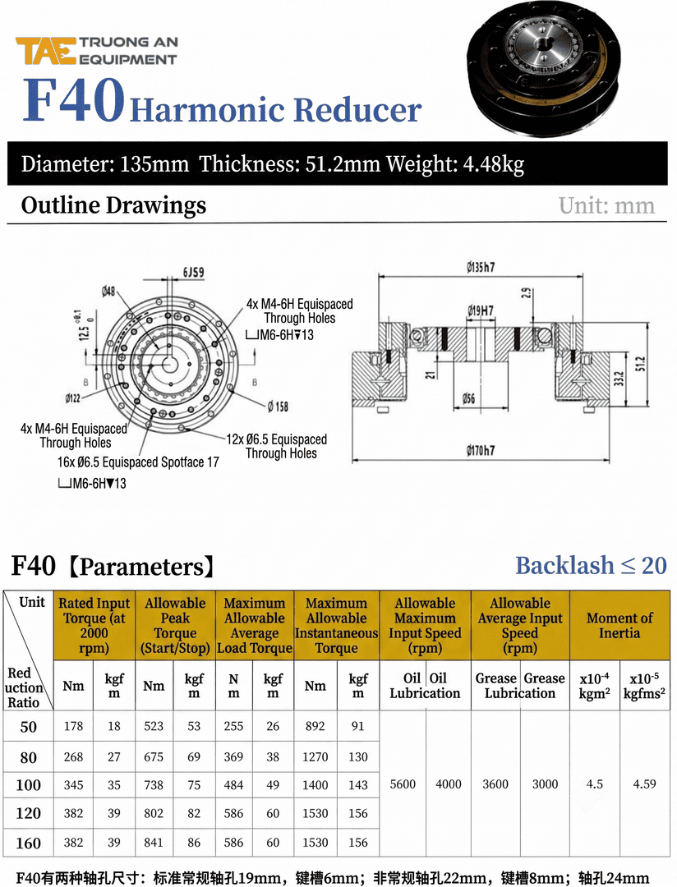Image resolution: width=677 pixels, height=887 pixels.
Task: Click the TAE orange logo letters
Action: click(x=46, y=50)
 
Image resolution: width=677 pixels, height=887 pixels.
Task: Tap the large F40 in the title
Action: click(x=74, y=100)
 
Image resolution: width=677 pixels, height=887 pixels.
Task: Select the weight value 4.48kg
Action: click(x=493, y=164)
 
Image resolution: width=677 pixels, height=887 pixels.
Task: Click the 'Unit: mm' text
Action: click(x=606, y=206)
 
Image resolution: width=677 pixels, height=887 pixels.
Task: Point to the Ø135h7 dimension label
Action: click(x=481, y=267)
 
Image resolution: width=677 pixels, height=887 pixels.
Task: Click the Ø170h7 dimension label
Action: click(x=481, y=450)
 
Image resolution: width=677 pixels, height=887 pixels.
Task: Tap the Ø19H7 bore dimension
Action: click(x=481, y=310)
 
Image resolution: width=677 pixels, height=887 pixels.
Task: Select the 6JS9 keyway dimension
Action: click(x=193, y=272)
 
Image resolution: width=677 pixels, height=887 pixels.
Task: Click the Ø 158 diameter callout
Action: click(x=278, y=407)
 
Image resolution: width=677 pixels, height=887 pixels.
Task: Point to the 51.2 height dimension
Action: click(x=640, y=365)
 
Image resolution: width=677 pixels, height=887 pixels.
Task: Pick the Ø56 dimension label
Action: click(x=468, y=398)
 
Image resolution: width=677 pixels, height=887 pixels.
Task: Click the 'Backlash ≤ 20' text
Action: click(x=591, y=565)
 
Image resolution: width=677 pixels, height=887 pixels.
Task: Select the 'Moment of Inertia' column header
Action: click(x=619, y=625)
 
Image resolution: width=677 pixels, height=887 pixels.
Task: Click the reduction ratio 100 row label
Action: click(x=28, y=784)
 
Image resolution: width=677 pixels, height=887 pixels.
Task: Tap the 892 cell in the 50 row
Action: click(x=315, y=726)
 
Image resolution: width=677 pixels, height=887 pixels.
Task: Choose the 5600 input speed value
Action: click(x=403, y=784)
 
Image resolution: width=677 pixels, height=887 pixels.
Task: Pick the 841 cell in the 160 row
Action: click(x=154, y=843)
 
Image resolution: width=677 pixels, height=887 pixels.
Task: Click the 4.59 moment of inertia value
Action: click(x=644, y=784)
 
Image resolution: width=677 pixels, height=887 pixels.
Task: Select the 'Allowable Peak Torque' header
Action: click(x=175, y=625)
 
